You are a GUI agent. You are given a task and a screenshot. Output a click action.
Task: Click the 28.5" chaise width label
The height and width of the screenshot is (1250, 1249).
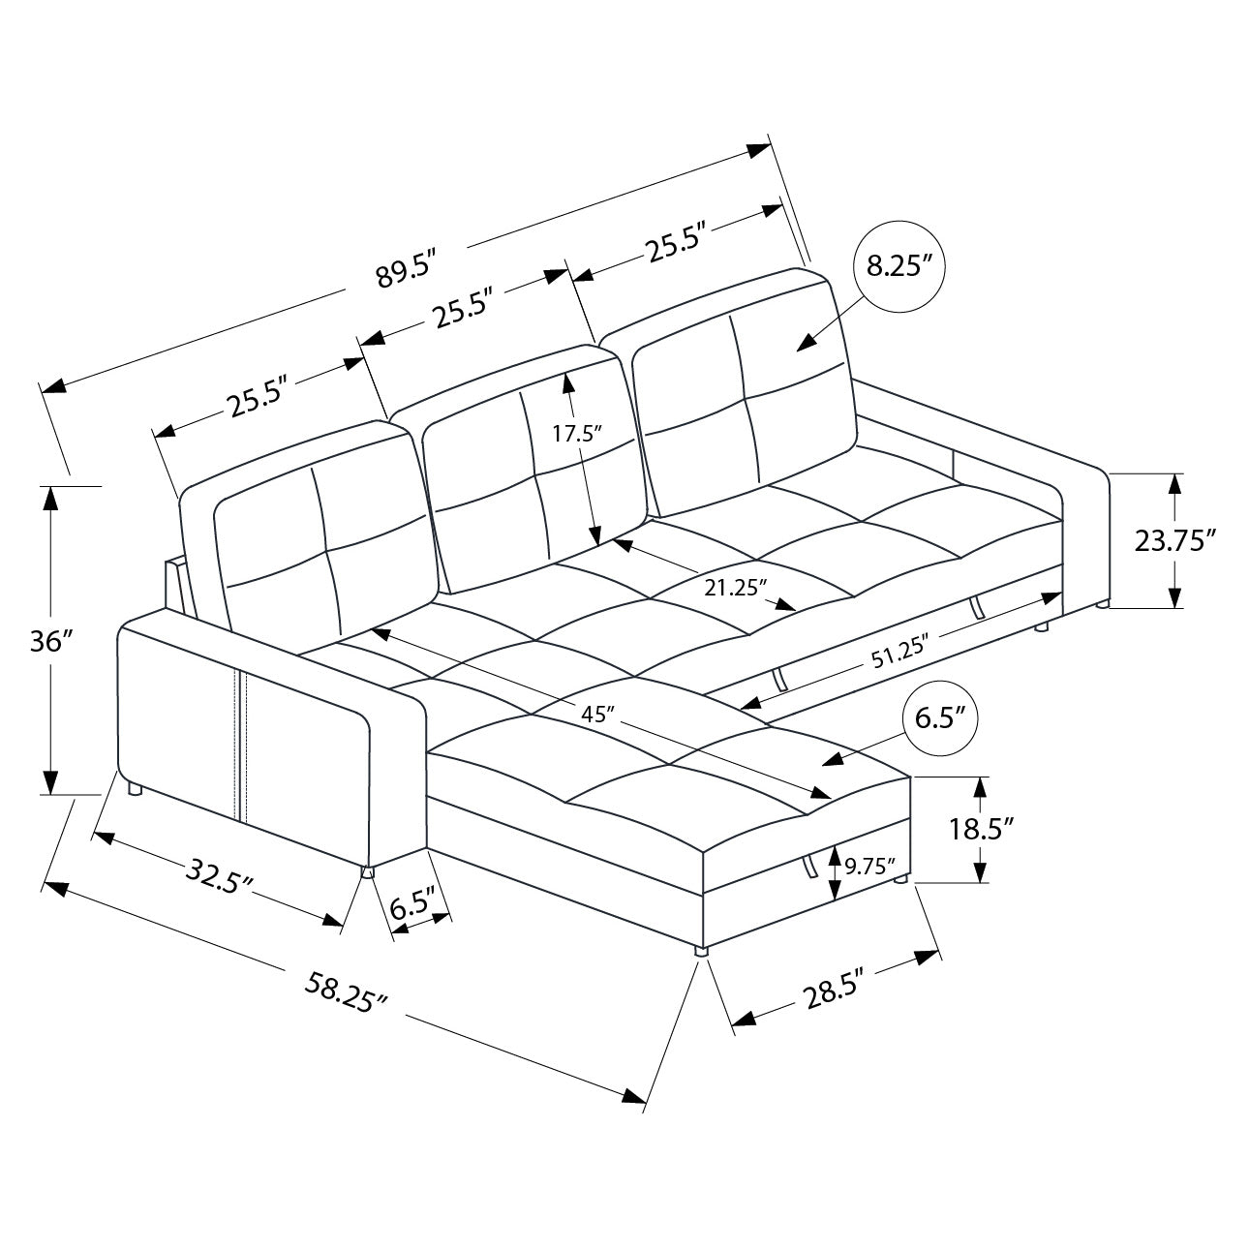point(833,994)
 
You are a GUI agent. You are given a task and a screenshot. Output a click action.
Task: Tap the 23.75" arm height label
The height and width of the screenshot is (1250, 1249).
point(1174,539)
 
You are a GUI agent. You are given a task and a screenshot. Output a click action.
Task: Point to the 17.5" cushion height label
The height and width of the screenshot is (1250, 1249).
point(577,433)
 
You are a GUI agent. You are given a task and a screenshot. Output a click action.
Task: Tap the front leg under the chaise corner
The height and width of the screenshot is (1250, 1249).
point(700,950)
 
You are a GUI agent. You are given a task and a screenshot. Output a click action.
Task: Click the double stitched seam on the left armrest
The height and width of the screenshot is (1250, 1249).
point(241,746)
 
